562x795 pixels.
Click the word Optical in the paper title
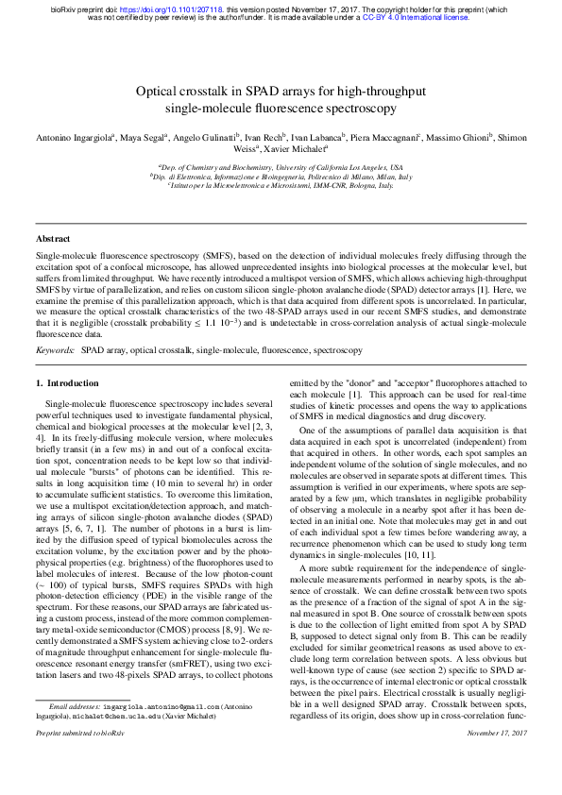click(162, 89)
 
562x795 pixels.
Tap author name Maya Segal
click(144, 137)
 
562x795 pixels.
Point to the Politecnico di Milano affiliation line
click(281, 177)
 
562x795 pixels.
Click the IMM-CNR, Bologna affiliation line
click(281, 186)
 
